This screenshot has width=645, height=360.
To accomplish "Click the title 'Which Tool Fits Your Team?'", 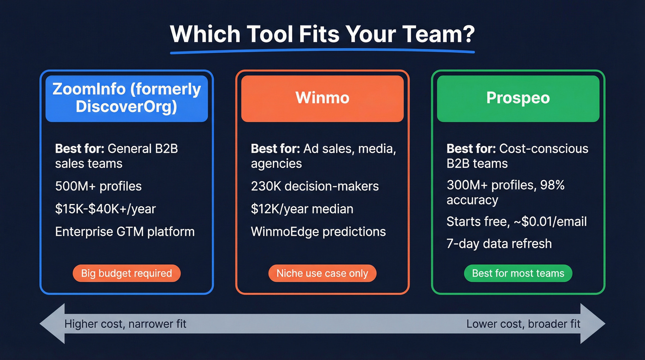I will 322,34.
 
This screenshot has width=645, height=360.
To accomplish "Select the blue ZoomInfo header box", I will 127,98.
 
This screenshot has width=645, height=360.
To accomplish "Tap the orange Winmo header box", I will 322,98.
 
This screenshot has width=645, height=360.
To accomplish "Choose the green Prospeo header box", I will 518,98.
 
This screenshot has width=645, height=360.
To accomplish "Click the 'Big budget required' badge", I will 126,273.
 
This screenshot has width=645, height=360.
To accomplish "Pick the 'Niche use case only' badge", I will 322,273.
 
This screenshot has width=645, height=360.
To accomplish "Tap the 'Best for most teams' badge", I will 518,273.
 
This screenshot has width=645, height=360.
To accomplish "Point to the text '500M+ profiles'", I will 98,186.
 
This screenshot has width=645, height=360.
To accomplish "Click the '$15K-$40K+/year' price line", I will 106,209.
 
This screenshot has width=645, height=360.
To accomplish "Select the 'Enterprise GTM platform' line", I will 125,231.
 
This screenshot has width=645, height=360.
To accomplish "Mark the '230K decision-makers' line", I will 315,186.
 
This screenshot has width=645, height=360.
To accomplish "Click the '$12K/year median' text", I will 302,209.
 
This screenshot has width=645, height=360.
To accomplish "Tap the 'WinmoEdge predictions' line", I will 318,231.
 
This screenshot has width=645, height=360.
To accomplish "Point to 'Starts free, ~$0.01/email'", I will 516,221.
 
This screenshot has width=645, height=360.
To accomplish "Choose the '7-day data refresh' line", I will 499,243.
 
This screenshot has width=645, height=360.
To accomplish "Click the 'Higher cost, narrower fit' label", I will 125,324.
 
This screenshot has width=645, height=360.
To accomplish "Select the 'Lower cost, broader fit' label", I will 523,324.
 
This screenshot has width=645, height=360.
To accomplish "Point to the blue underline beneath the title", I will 322,51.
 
